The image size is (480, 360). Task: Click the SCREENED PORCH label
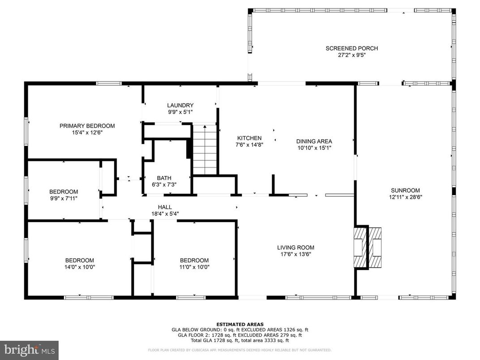tap(351, 48)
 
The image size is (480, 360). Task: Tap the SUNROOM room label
tap(405, 190)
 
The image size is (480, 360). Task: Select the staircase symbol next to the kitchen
tap(205, 150)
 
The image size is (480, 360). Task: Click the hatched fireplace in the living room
tap(368, 247)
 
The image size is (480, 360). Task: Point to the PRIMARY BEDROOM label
tap(87, 126)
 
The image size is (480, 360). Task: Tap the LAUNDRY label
tap(180, 106)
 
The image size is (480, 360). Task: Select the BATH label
tap(164, 178)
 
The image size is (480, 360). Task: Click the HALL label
tap(164, 207)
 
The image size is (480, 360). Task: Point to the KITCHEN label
tap(249, 138)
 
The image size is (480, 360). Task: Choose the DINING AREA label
tap(314, 141)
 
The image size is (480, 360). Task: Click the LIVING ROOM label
tap(296, 248)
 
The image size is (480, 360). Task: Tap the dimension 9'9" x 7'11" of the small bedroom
tap(64, 198)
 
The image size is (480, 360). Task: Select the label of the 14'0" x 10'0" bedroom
tap(80, 261)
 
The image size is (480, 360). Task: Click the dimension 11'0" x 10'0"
tap(194, 267)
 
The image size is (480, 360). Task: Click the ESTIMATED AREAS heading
tap(240, 324)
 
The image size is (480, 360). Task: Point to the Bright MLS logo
tap(29, 350)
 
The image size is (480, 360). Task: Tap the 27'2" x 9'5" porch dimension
tap(351, 56)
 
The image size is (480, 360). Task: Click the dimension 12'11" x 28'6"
tap(405, 197)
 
